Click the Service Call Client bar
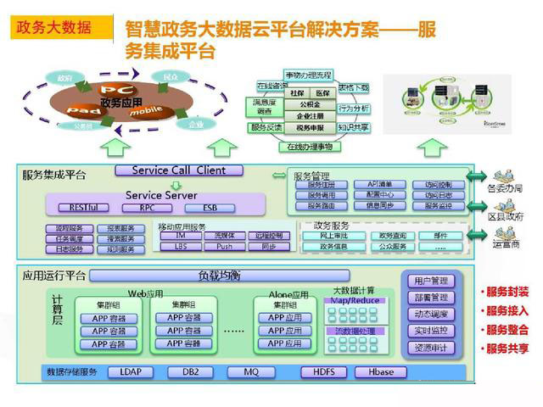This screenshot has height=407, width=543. [178, 170]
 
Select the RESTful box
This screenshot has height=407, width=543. [83, 208]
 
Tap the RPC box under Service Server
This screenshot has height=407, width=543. [148, 208]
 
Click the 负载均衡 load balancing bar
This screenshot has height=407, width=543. [219, 276]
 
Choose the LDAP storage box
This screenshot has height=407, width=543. [131, 371]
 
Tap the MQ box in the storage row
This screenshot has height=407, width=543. [251, 371]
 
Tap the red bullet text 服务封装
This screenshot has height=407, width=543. [507, 291]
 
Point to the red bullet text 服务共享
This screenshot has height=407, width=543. [507, 348]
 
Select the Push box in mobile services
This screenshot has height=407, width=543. [224, 247]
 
